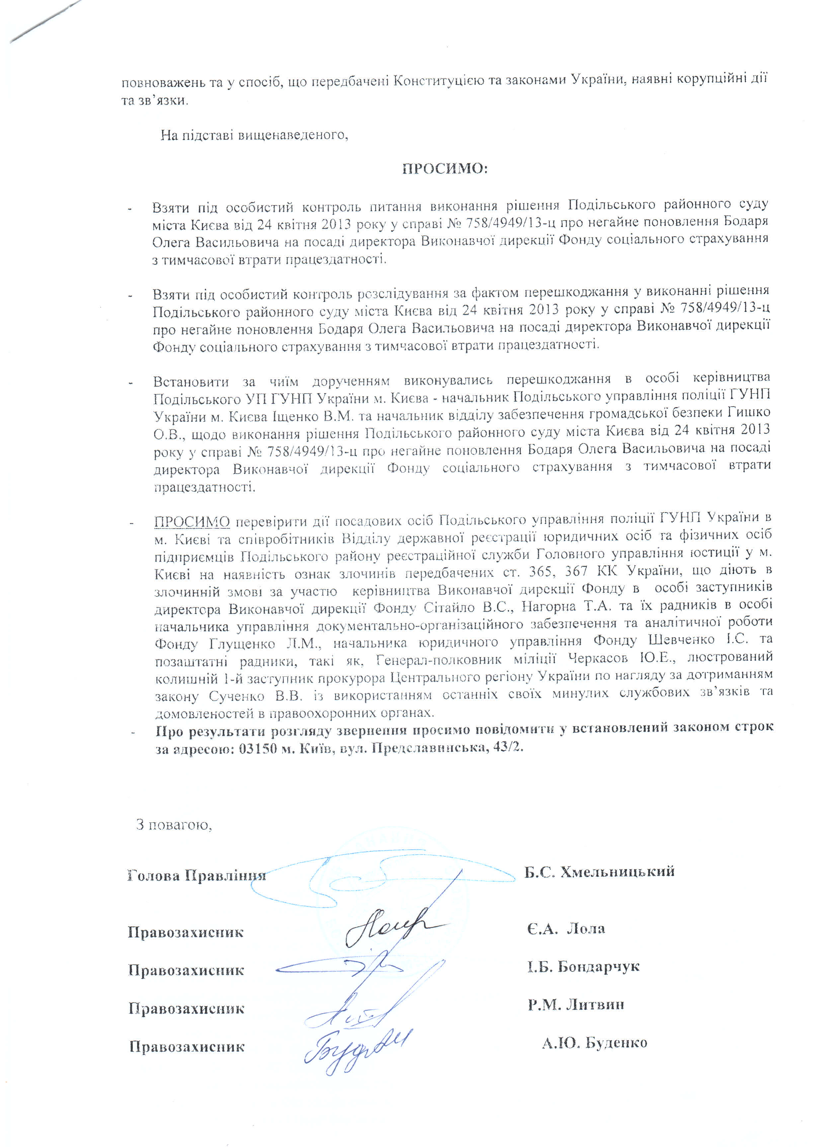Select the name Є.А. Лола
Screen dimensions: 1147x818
click(566, 929)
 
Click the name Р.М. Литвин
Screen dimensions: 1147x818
click(576, 1005)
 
